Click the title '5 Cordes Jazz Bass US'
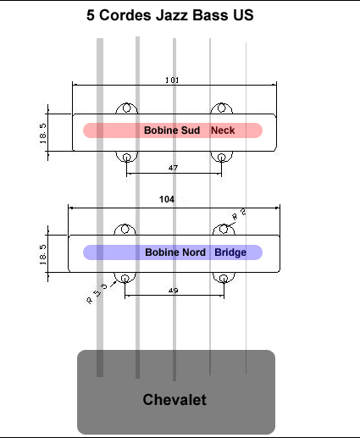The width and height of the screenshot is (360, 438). pyautogui.click(x=170, y=15)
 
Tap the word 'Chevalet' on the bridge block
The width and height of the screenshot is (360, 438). pyautogui.click(x=174, y=400)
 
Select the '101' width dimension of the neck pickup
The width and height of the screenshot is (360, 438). pyautogui.click(x=172, y=80)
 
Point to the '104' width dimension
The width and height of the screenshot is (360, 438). pyautogui.click(x=167, y=199)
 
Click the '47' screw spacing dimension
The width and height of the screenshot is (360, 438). pyautogui.click(x=173, y=168)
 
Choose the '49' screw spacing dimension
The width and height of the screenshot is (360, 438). pyautogui.click(x=173, y=291)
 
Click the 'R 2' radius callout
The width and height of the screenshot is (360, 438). pyautogui.click(x=239, y=214)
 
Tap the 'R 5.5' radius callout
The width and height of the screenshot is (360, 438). pyautogui.click(x=97, y=294)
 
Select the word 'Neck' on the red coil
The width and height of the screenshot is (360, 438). pyautogui.click(x=223, y=130)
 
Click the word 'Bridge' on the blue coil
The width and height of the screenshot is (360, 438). pyautogui.click(x=230, y=252)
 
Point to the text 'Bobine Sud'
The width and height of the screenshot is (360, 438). pyautogui.click(x=172, y=130)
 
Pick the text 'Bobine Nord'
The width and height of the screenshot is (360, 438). pyautogui.click(x=175, y=252)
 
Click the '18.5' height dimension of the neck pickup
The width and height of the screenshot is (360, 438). pyautogui.click(x=43, y=133)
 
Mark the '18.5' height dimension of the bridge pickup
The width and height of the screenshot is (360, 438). pyautogui.click(x=43, y=255)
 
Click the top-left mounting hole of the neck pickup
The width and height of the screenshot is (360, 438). pyautogui.click(x=126, y=108)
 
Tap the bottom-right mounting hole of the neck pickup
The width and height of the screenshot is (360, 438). pyautogui.click(x=222, y=158)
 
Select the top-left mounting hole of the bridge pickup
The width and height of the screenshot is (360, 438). pyautogui.click(x=125, y=229)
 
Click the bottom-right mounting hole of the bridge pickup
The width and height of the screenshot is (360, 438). pyautogui.click(x=224, y=279)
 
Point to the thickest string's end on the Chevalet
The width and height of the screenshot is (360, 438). pyautogui.click(x=100, y=376)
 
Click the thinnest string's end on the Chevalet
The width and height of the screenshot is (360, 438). pyautogui.click(x=246, y=374)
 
